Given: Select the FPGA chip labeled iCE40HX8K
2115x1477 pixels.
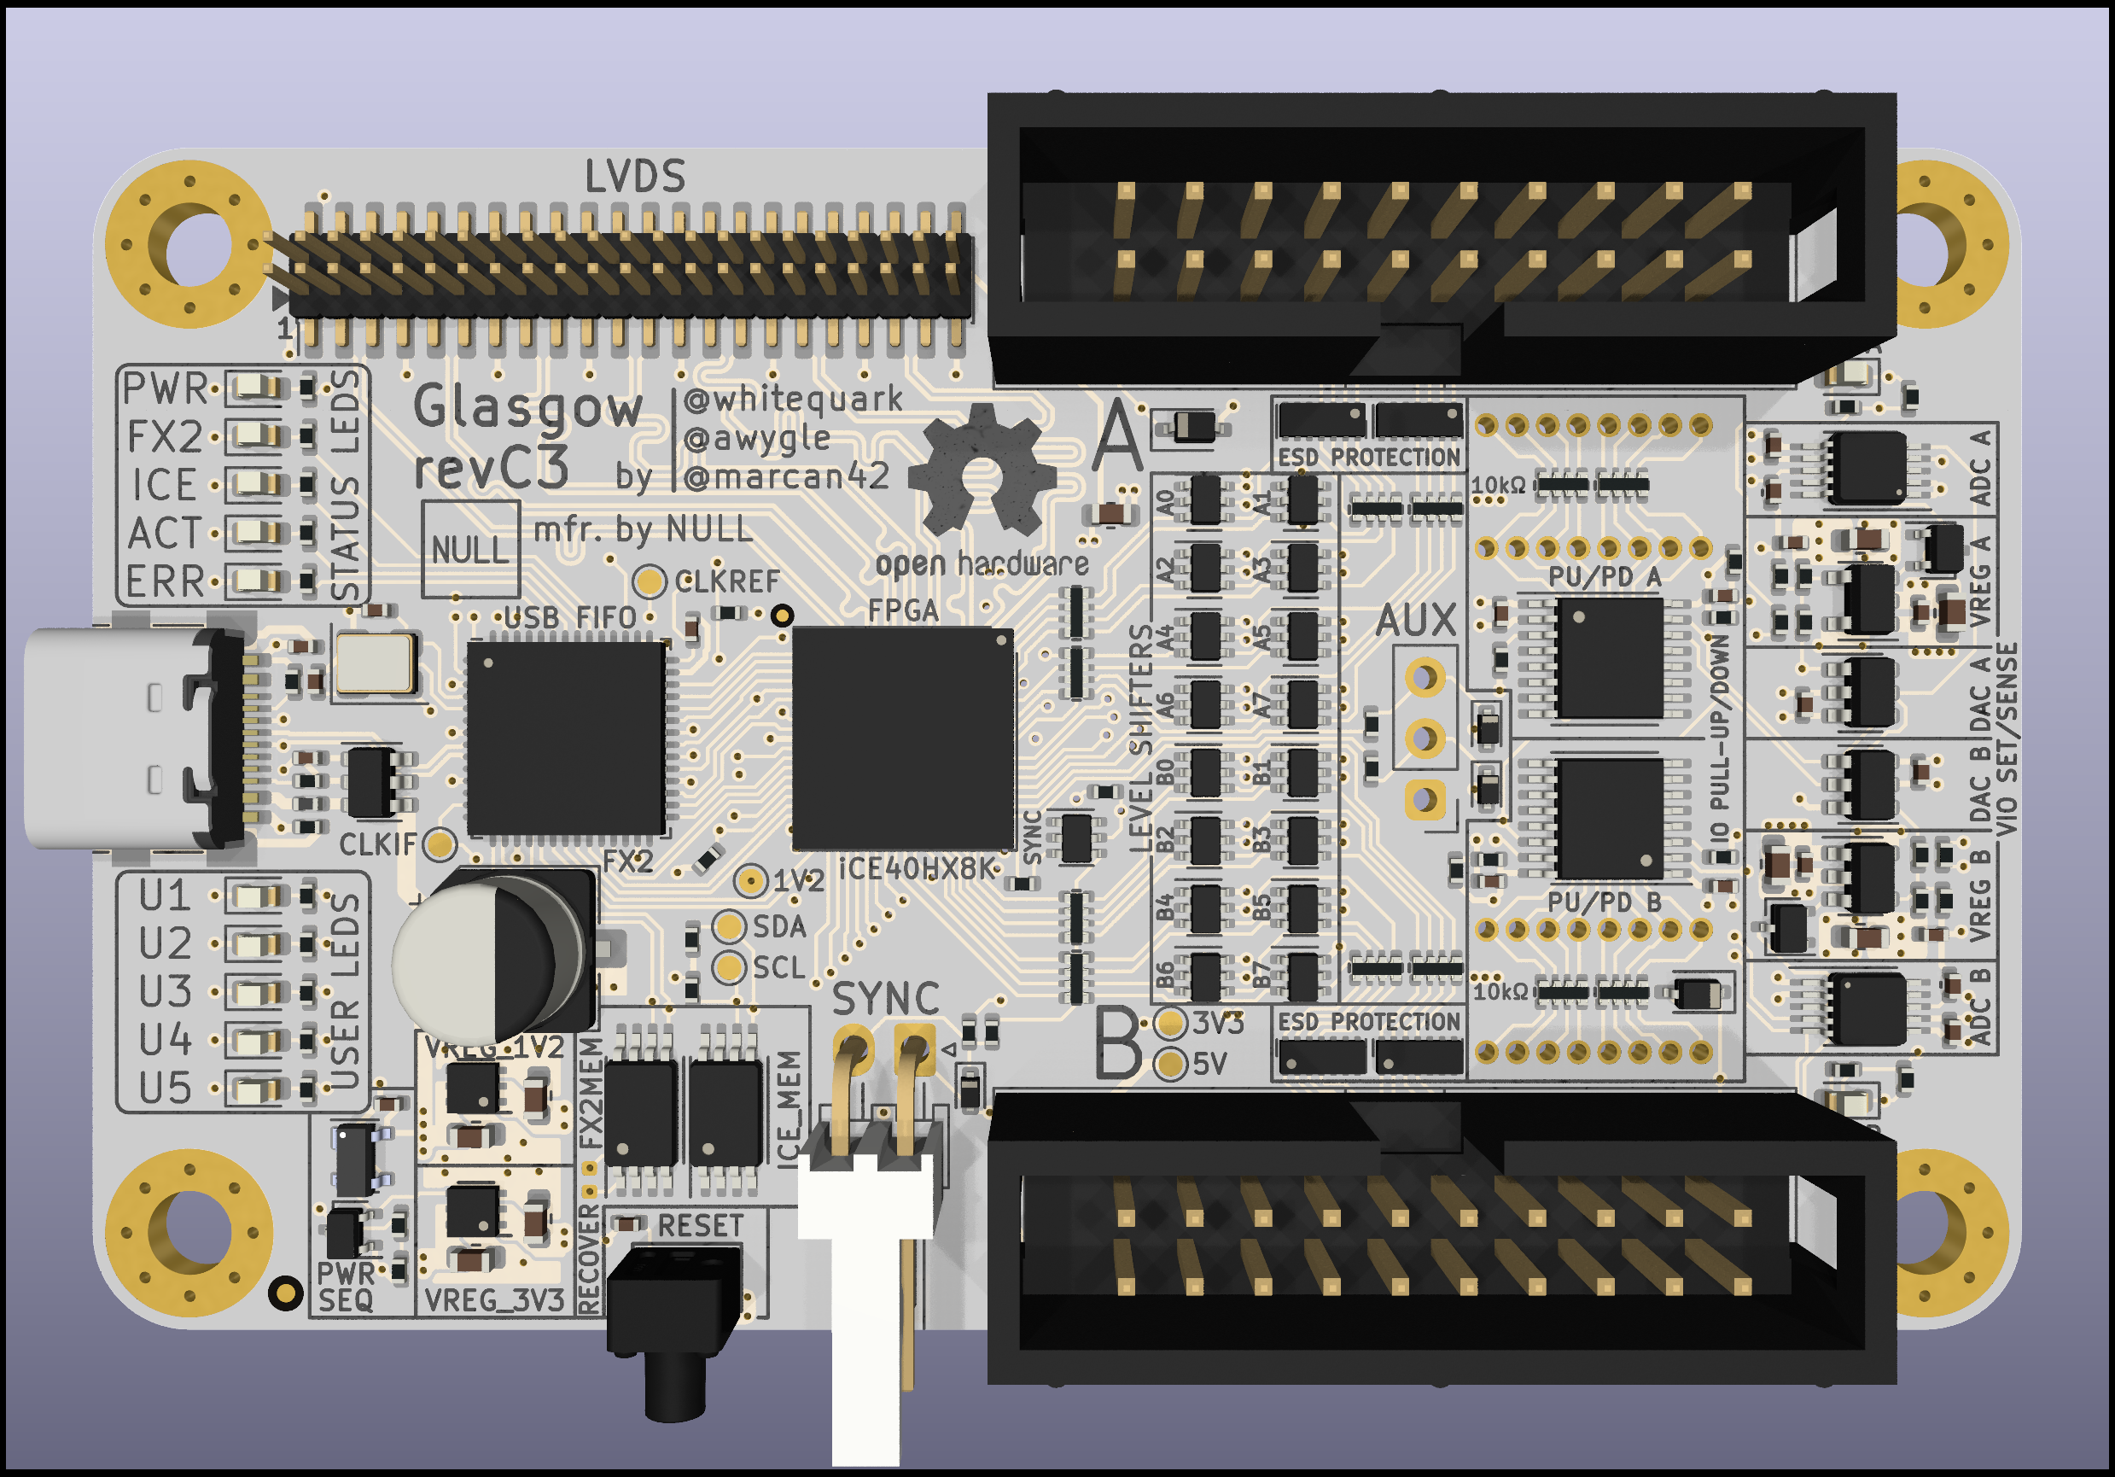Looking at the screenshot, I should tap(903, 737).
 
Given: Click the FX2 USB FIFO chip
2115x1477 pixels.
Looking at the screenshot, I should tap(566, 737).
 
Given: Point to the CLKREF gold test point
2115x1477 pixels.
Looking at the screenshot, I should tap(650, 581).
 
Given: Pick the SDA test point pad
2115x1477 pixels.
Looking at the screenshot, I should tap(730, 926).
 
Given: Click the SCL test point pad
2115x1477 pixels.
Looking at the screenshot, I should tap(730, 967).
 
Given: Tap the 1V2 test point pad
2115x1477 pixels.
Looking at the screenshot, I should tap(752, 881).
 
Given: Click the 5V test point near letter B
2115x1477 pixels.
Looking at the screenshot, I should tap(1170, 1065).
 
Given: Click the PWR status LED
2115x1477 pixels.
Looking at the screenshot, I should tap(255, 387).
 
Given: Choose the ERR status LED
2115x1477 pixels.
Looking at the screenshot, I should tap(255, 581).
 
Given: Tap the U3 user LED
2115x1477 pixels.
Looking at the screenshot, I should tap(255, 992).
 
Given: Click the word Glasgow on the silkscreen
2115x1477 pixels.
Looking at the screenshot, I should tap(527, 407).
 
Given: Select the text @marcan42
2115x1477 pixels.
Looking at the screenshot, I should tap(788, 476).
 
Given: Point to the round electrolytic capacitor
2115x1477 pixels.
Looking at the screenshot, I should tap(488, 958).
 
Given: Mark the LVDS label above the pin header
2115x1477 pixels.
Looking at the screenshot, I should tap(636, 176).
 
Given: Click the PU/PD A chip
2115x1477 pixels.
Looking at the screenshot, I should tap(1609, 657).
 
